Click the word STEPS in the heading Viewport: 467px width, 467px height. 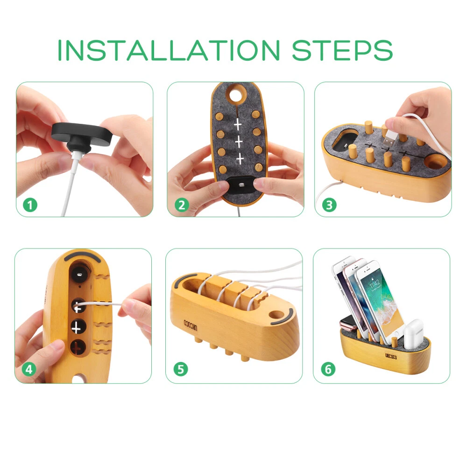tap(342, 50)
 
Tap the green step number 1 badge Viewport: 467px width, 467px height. tap(30, 205)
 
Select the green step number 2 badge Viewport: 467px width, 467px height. tap(181, 205)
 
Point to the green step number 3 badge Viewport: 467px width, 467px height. tap(329, 205)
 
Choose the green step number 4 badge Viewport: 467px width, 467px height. tap(29, 369)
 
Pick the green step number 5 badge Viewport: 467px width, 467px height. tap(180, 369)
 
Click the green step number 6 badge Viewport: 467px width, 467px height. tap(328, 369)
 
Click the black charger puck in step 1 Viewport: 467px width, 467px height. tap(81, 136)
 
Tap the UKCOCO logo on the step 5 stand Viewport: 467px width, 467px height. tap(190, 325)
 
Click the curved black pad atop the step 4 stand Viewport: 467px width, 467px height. tap(83, 256)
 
